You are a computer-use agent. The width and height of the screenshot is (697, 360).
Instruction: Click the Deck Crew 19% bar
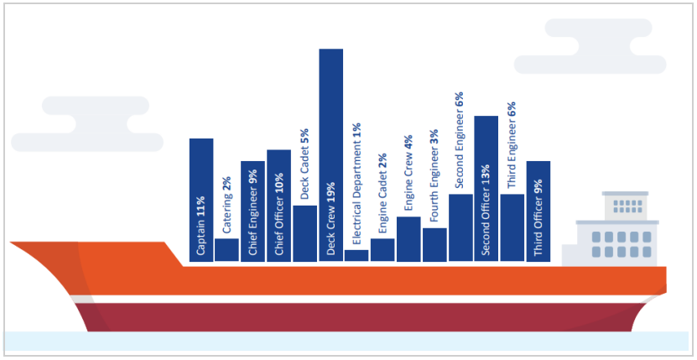[330, 155]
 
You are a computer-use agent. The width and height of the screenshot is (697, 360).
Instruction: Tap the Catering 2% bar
[226, 250]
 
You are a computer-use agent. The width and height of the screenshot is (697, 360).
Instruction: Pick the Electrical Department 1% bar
[356, 255]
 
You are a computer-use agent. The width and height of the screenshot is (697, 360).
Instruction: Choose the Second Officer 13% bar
[486, 189]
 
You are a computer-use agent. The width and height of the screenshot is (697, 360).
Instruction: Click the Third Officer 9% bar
[538, 211]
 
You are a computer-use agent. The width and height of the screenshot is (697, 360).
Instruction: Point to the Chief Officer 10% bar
[278, 206]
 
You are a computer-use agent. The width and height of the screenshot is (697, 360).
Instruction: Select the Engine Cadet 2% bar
[382, 250]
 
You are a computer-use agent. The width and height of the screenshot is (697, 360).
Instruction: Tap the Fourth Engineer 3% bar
[434, 244]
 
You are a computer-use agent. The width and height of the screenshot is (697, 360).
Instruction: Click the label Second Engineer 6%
[460, 142]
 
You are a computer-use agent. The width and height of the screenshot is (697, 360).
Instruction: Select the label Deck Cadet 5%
[304, 164]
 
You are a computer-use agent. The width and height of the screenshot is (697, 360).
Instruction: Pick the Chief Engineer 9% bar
[252, 211]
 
